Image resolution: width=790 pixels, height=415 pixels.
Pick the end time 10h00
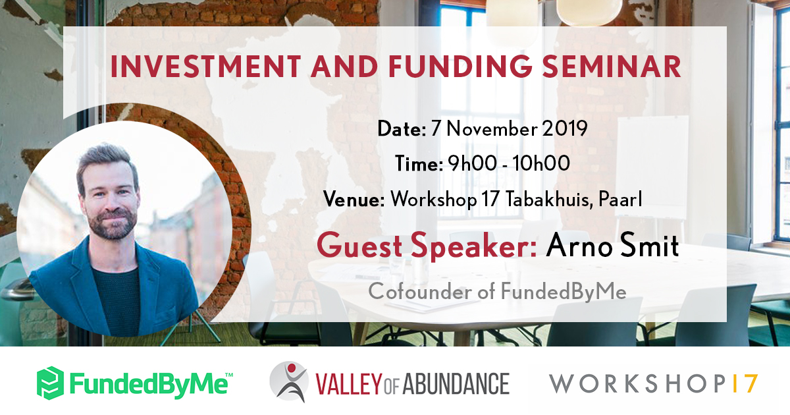[542, 164]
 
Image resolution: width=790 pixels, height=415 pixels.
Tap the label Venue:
[354, 199]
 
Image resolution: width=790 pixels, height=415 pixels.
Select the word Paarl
[620, 199]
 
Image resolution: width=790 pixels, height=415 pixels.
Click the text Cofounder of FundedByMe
[497, 291]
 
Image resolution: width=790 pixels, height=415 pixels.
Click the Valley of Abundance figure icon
[288, 382]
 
